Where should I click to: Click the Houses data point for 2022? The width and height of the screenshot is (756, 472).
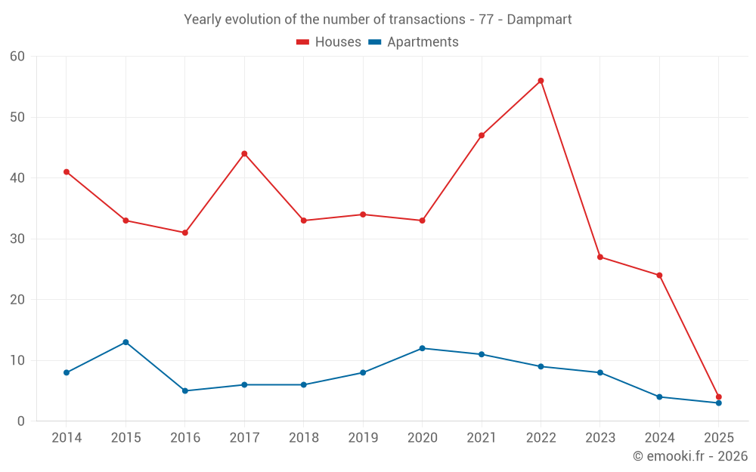click(x=541, y=81)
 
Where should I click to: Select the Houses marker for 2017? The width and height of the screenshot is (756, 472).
click(x=244, y=154)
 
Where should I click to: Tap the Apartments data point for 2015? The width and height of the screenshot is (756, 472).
click(x=125, y=342)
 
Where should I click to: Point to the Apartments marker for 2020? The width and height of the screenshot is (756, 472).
click(x=422, y=348)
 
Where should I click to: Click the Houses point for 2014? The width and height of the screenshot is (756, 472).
click(x=67, y=172)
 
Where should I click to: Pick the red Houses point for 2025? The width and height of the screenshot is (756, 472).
click(x=718, y=396)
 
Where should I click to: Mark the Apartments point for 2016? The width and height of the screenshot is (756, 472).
click(x=185, y=390)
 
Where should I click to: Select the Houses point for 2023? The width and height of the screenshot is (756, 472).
click(x=600, y=257)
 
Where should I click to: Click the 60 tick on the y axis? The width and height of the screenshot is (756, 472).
click(x=17, y=57)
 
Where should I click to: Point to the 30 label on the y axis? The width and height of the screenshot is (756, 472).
click(x=17, y=239)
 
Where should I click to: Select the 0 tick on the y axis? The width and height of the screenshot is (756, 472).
click(x=21, y=421)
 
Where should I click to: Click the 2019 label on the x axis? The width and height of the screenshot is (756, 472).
click(x=363, y=438)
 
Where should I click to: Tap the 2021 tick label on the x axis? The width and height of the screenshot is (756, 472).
click(x=481, y=438)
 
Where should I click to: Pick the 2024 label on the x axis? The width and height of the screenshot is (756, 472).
click(x=659, y=438)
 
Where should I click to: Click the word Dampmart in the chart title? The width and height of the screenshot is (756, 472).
click(x=539, y=19)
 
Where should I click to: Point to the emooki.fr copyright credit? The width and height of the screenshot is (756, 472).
click(x=689, y=456)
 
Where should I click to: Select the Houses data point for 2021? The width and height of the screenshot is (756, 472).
click(x=482, y=135)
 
